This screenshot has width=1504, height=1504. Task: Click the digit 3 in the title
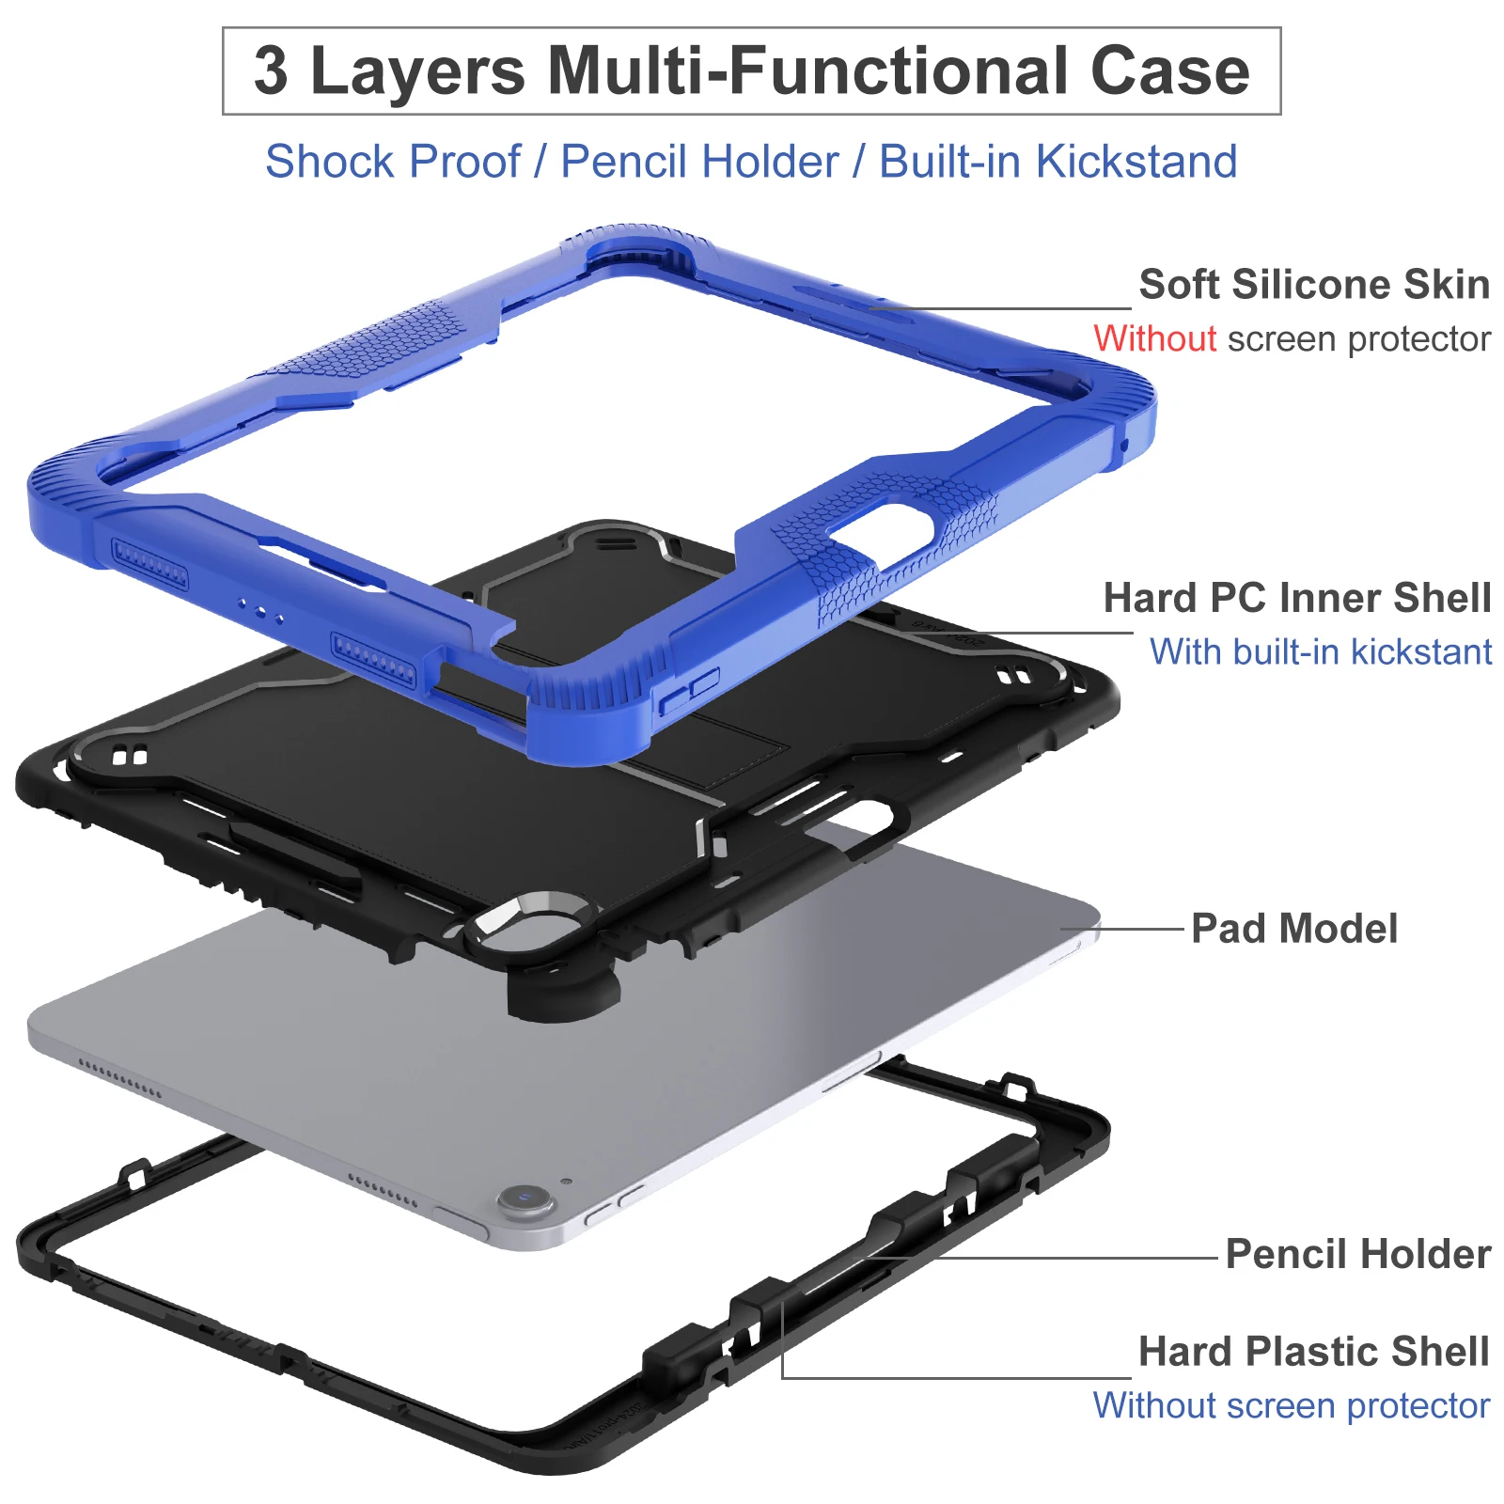271,71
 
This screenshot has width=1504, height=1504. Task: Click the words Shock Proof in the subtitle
393,162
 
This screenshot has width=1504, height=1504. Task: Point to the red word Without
1154,338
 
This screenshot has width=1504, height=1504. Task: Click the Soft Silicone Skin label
1313,284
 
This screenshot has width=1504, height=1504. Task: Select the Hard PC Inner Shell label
1296,598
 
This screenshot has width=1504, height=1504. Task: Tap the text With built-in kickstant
1320,651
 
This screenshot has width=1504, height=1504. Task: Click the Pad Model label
1293,929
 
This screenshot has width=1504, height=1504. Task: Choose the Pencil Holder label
1357,1254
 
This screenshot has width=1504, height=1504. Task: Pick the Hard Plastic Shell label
1313,1352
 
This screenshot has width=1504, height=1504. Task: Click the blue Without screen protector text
1291,1406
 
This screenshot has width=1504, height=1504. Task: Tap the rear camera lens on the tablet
525,1198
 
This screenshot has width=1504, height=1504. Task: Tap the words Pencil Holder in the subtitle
699,162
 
